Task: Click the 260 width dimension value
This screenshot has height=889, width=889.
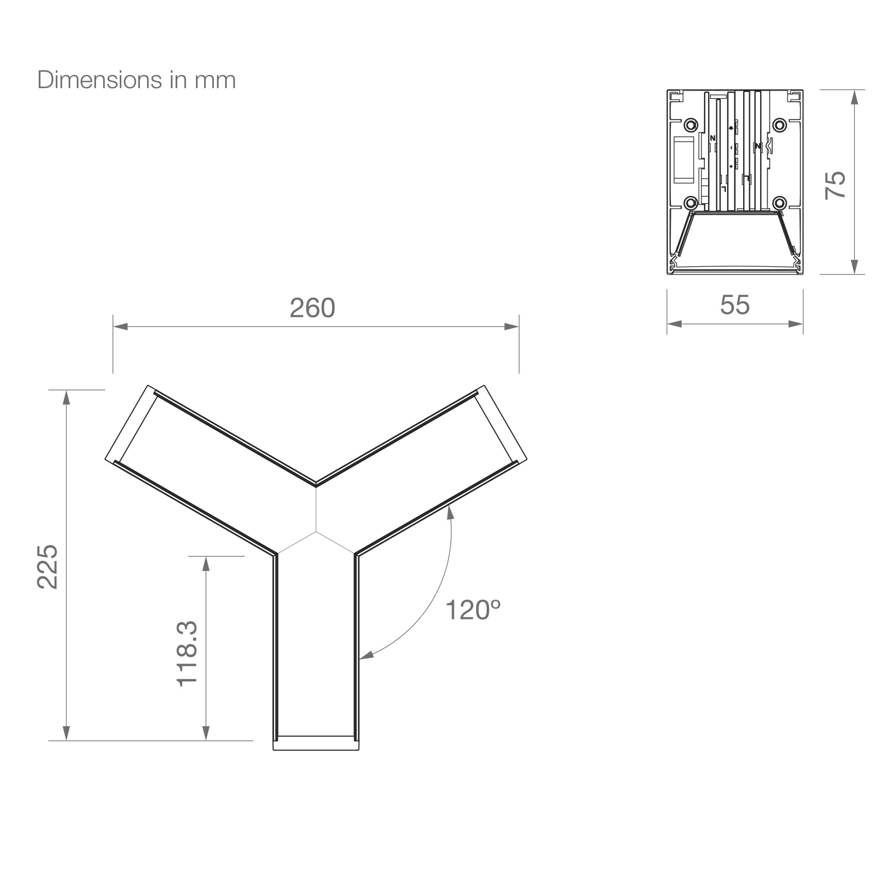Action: (x=312, y=308)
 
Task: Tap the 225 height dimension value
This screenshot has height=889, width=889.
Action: (x=48, y=567)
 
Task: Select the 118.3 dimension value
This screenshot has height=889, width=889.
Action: (x=187, y=654)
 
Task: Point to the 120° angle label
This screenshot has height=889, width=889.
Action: (x=473, y=610)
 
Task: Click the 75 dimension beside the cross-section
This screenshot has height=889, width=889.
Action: (x=835, y=185)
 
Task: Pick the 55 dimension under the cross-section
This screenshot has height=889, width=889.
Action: (x=735, y=304)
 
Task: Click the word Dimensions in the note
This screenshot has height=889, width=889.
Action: (x=100, y=80)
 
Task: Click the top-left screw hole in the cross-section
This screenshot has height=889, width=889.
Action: (x=691, y=125)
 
